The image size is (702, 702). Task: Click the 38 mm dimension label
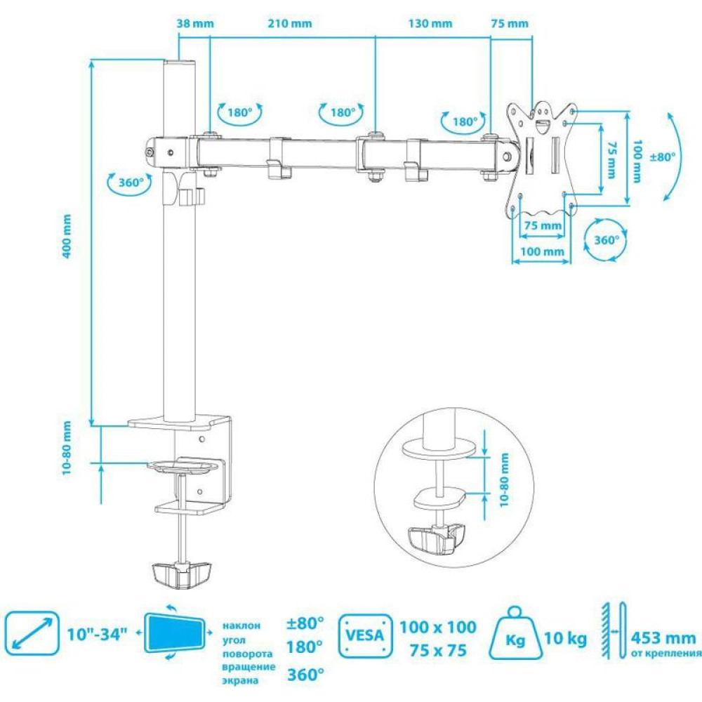(194, 23)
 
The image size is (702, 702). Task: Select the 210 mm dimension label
(290, 23)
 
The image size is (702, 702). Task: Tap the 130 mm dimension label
(430, 23)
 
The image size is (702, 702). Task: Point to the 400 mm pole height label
(67, 236)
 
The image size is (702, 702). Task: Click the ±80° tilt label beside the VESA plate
(662, 157)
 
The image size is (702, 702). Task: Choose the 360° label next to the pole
(131, 183)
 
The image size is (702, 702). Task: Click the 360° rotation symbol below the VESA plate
(606, 240)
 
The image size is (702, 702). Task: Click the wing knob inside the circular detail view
(436, 538)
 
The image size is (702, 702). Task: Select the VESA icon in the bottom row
(365, 635)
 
